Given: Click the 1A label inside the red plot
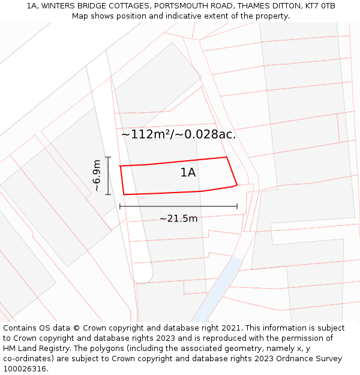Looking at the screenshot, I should click(x=188, y=173).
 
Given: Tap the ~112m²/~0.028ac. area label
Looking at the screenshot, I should click(x=178, y=134).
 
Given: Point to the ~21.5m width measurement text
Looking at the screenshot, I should click(x=178, y=218).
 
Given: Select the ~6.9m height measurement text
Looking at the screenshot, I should click(x=96, y=175).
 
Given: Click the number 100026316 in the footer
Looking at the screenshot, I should click(x=25, y=368).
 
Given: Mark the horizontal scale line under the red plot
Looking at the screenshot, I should click(x=178, y=206).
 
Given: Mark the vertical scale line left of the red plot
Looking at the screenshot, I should click(x=108, y=175).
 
